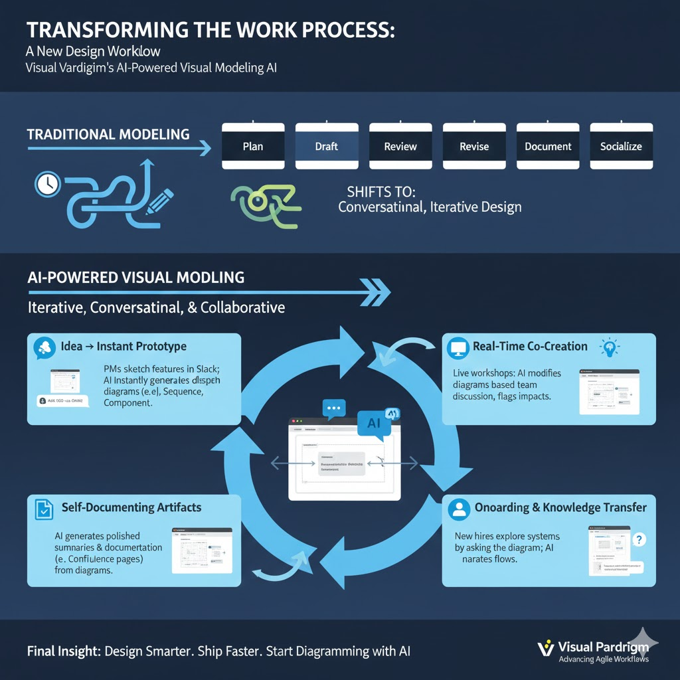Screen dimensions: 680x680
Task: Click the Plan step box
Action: [x=252, y=146]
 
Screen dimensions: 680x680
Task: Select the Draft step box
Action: [x=326, y=146]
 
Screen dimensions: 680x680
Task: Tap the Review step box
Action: [x=400, y=146]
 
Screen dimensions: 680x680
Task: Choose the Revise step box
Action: [x=474, y=146]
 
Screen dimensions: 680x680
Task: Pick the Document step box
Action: [x=548, y=146]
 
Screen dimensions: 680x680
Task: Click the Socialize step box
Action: [x=622, y=146]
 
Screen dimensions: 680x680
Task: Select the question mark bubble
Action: [x=640, y=539]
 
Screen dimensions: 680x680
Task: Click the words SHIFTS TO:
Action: [x=381, y=192]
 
